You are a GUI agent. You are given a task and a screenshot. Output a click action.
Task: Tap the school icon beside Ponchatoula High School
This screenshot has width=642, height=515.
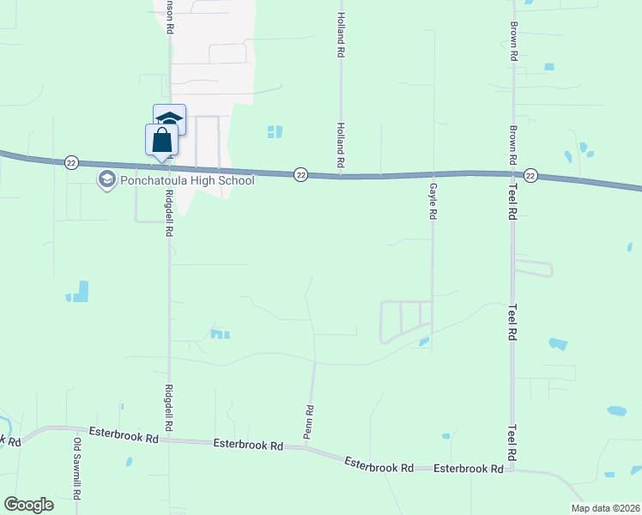[x=107, y=179]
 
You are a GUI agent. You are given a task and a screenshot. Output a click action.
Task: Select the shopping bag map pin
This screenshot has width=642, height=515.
[x=161, y=141]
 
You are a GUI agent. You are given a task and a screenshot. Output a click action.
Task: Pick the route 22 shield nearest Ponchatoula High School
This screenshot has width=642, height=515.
[x=71, y=162]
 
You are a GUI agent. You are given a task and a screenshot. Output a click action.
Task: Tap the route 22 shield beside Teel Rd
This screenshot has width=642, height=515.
[x=530, y=175]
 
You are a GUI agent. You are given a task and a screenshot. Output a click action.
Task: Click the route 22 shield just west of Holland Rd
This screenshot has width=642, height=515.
[x=300, y=174]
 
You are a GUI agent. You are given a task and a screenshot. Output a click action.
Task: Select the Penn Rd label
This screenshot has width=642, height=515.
[x=310, y=422]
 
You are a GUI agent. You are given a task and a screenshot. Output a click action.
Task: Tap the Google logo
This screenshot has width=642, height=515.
[x=28, y=505]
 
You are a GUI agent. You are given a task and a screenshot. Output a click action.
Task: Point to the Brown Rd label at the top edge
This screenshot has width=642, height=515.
[x=512, y=40]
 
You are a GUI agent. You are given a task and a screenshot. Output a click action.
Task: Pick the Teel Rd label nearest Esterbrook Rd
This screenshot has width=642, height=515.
[x=512, y=443]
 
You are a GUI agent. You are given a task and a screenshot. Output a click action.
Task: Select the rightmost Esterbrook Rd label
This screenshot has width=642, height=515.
[x=468, y=469]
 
